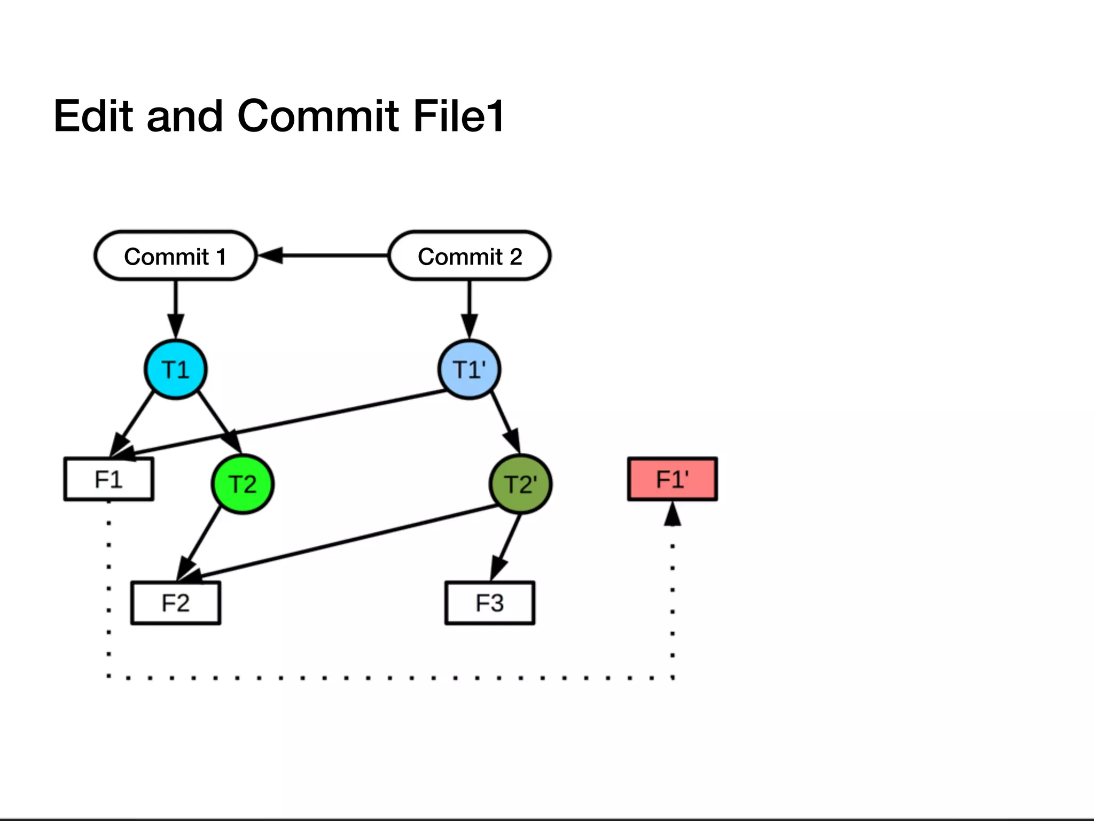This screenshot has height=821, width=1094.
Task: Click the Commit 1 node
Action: [175, 256]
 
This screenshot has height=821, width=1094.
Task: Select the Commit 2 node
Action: [470, 256]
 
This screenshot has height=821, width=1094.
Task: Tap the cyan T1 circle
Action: [175, 369]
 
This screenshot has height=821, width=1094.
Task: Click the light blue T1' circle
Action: [469, 369]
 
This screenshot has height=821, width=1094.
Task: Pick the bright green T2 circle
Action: [243, 484]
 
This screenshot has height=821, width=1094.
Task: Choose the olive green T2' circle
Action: [520, 484]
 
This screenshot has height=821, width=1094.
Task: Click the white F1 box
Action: [108, 479]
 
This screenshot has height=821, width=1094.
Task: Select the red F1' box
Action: [672, 479]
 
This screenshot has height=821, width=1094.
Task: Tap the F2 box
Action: [175, 603]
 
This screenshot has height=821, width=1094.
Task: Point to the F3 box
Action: [489, 603]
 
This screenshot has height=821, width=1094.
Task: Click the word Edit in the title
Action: [93, 116]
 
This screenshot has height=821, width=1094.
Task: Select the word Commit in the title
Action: [317, 116]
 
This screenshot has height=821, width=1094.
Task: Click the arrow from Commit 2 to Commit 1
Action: [326, 256]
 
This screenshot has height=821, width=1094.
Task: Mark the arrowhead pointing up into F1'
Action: [672, 514]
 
